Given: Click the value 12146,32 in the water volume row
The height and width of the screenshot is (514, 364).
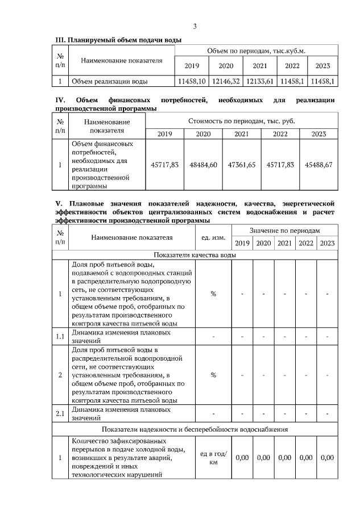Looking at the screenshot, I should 227,82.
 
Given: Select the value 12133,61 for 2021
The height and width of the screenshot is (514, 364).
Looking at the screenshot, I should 260,82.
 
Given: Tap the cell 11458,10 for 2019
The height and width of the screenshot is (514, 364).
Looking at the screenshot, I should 192,82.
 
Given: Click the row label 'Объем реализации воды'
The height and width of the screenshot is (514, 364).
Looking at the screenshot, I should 110,82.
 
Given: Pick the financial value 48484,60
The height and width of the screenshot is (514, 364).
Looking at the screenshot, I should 204,165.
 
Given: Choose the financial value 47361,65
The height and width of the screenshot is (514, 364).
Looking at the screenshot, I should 242,165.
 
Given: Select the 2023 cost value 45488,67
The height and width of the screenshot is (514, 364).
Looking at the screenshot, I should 318,165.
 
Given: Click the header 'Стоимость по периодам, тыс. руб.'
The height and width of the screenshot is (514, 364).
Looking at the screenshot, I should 241,121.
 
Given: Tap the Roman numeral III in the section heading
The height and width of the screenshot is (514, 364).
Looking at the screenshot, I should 60,40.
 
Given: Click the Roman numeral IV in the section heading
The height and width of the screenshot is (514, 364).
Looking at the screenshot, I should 60,101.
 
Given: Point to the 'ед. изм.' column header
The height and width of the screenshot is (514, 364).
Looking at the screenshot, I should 213,237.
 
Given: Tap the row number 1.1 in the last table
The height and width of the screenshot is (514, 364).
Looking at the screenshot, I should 60,336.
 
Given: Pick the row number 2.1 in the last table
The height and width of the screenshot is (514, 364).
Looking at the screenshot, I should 60,413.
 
